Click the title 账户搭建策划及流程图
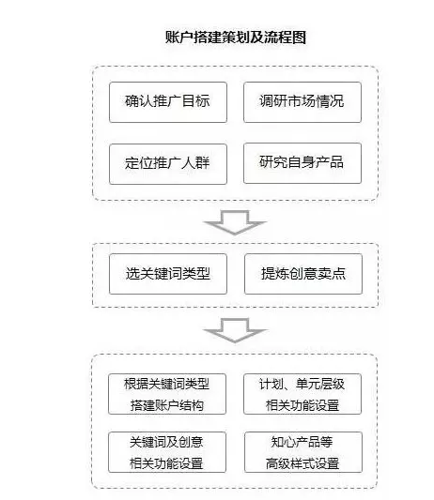coord(235,38)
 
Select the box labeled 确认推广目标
coord(167,101)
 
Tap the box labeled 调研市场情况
coord(302,101)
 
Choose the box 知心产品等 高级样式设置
coord(302,451)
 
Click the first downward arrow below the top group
coord(235,221)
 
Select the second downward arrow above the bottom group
coord(235,330)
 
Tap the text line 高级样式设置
coord(302,462)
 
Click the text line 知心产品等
coord(302,440)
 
